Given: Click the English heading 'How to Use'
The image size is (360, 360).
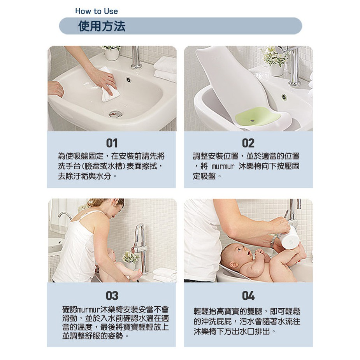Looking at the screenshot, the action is pyautogui.click(x=97, y=11).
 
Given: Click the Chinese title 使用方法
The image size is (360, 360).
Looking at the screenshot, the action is pyautogui.click(x=102, y=26).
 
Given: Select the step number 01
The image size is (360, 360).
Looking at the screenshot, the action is pyautogui.click(x=112, y=143).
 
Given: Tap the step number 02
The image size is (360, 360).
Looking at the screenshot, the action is pyautogui.click(x=248, y=143).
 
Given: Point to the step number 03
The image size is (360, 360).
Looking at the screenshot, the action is pyautogui.click(x=112, y=296).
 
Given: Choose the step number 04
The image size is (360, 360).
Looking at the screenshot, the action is pyautogui.click(x=248, y=296).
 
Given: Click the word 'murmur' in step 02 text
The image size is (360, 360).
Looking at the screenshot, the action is pyautogui.click(x=223, y=166).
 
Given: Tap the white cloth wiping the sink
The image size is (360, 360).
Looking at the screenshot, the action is pyautogui.click(x=110, y=85).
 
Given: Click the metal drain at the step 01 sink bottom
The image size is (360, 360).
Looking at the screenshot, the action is pyautogui.click(x=116, y=113).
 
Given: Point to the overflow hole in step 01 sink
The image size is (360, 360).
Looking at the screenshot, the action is pyautogui.click(x=128, y=80).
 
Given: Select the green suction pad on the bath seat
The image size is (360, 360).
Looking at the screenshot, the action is pyautogui.click(x=258, y=116).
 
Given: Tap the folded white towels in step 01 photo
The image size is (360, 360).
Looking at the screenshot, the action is pyautogui.click(x=165, y=70).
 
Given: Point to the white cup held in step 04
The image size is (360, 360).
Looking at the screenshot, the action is pyautogui.click(x=291, y=238).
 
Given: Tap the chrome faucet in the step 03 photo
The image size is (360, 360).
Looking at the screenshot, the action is pyautogui.click(x=140, y=248).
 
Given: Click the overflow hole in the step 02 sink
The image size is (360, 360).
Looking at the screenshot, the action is pyautogui.click(x=284, y=97).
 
